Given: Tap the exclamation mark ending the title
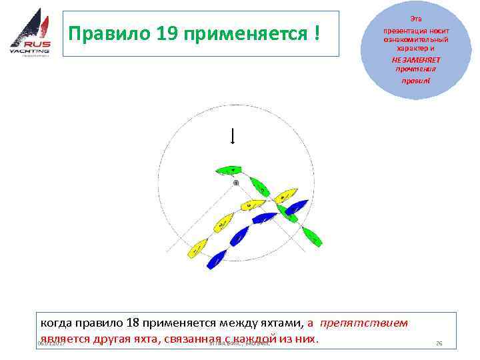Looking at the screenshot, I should point(313,33).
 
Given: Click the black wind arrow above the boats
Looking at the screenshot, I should point(232,136).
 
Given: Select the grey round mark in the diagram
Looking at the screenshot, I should point(235,182).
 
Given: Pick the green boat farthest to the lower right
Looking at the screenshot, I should point(312,235).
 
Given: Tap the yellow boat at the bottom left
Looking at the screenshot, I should point(197,249).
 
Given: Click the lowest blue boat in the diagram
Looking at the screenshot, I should point(217,259).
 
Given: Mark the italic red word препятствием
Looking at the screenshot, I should point(363,323).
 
